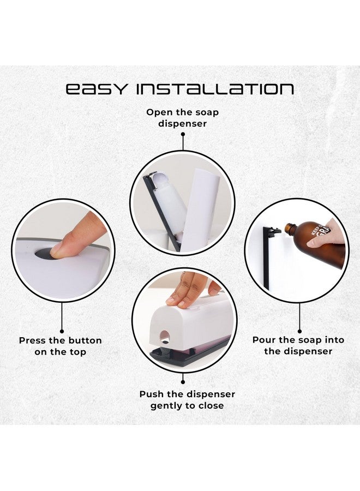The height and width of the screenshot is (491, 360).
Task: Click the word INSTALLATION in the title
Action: click(x=215, y=89)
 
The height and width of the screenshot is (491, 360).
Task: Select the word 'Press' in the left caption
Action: click(x=32, y=340)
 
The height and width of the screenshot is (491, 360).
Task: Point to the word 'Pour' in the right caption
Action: click(x=263, y=340)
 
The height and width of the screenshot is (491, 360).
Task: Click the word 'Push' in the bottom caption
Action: click(x=151, y=394)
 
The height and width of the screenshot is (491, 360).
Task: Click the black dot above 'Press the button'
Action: click(x=61, y=331)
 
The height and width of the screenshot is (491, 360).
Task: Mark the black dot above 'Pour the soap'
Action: click(x=298, y=330)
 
